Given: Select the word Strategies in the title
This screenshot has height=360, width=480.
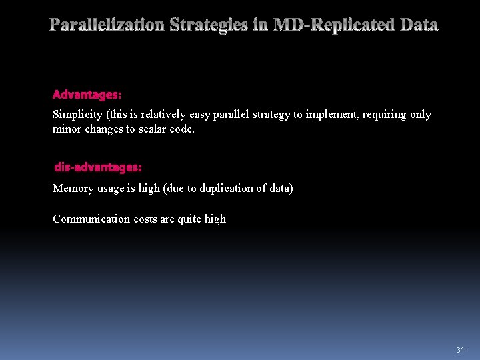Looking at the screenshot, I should pyautogui.click(x=209, y=25).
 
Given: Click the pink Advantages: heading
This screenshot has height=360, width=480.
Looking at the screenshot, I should pyautogui.click(x=87, y=95).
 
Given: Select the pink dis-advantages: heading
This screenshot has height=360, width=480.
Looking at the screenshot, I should pyautogui.click(x=98, y=167).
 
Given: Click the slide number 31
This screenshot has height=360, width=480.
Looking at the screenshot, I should pyautogui.click(x=460, y=349).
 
